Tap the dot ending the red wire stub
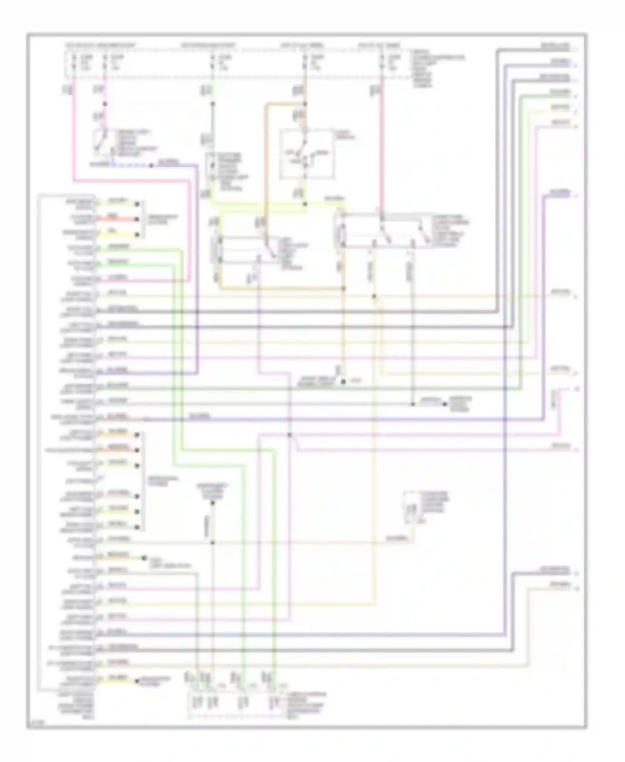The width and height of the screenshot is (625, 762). coord(137,219)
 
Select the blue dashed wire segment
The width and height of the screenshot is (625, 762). coord(131,165)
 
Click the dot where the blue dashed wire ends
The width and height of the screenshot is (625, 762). coord(151,165)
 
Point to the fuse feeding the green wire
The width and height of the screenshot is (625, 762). coord(212,62)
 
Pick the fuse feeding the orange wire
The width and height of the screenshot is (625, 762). coord(305,62)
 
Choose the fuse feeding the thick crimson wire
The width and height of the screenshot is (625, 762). coord(382,62)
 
